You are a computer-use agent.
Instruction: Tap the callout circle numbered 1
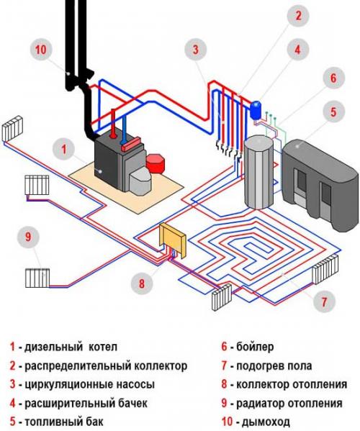(65, 150)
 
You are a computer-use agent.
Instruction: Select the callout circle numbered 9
(28, 237)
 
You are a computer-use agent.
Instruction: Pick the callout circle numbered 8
(142, 283)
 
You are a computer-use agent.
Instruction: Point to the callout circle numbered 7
(323, 299)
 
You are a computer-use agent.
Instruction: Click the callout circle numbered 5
(333, 112)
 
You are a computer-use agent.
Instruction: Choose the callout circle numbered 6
(333, 77)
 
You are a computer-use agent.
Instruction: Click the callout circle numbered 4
(296, 50)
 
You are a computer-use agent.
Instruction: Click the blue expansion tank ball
(254, 106)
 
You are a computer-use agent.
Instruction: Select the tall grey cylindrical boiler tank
(258, 173)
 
